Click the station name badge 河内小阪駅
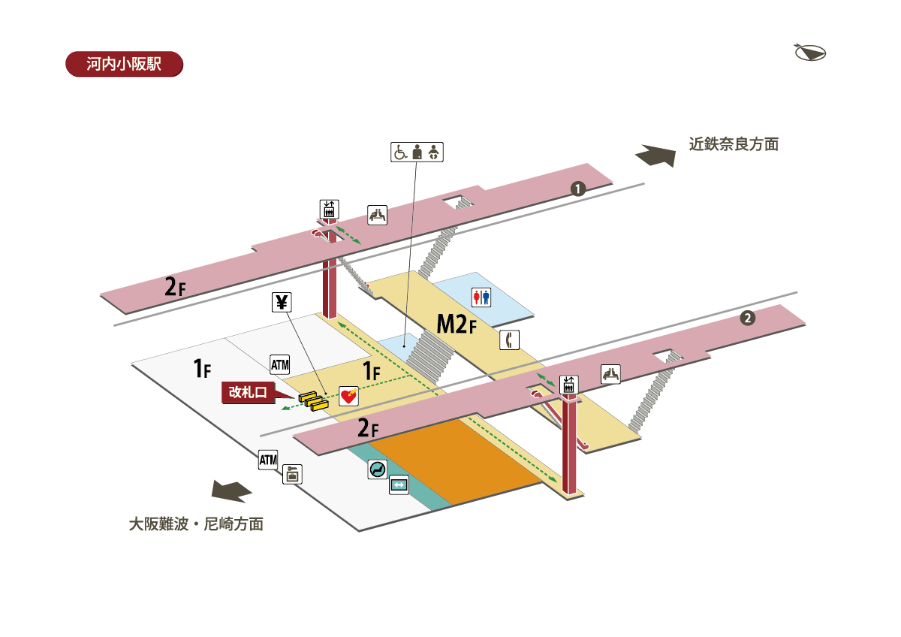click(x=125, y=63)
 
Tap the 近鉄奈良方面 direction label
click(x=734, y=144)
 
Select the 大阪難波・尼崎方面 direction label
click(x=196, y=524)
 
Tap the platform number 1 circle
click(x=577, y=189)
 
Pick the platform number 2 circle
click(x=747, y=318)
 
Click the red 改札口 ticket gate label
click(x=248, y=392)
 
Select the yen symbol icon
click(x=282, y=303)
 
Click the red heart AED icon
click(x=348, y=396)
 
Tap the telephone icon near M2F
click(x=510, y=340)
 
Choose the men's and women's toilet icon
click(x=481, y=297)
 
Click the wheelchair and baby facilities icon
click(x=417, y=152)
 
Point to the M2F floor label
click(x=457, y=325)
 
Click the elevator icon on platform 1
click(x=329, y=209)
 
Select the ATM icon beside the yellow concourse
click(x=279, y=365)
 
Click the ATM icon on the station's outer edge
click(x=268, y=459)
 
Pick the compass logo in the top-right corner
click(x=809, y=53)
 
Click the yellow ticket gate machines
click(x=314, y=400)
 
